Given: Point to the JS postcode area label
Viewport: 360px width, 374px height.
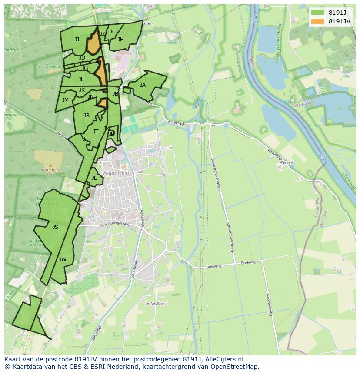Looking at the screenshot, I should click(55, 227).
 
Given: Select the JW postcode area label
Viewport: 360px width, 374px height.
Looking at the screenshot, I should click(63, 260).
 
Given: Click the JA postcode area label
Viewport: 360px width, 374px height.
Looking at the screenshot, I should click(143, 85).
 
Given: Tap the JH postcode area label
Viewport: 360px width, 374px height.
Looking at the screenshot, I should click(120, 40).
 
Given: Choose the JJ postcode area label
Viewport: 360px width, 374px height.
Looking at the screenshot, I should click(77, 40).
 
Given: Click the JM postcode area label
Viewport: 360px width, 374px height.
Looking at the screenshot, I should click(65, 100).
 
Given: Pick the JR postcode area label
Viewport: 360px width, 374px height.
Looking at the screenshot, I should click(87, 116).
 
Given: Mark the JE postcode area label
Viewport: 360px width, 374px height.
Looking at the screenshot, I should click(94, 178).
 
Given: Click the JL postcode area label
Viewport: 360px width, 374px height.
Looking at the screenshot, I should click(81, 79).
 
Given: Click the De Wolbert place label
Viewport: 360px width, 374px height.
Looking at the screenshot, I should click(155, 304).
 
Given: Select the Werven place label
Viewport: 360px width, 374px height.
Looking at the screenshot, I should click(287, 162).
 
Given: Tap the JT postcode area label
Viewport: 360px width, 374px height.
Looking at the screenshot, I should click(96, 132).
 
